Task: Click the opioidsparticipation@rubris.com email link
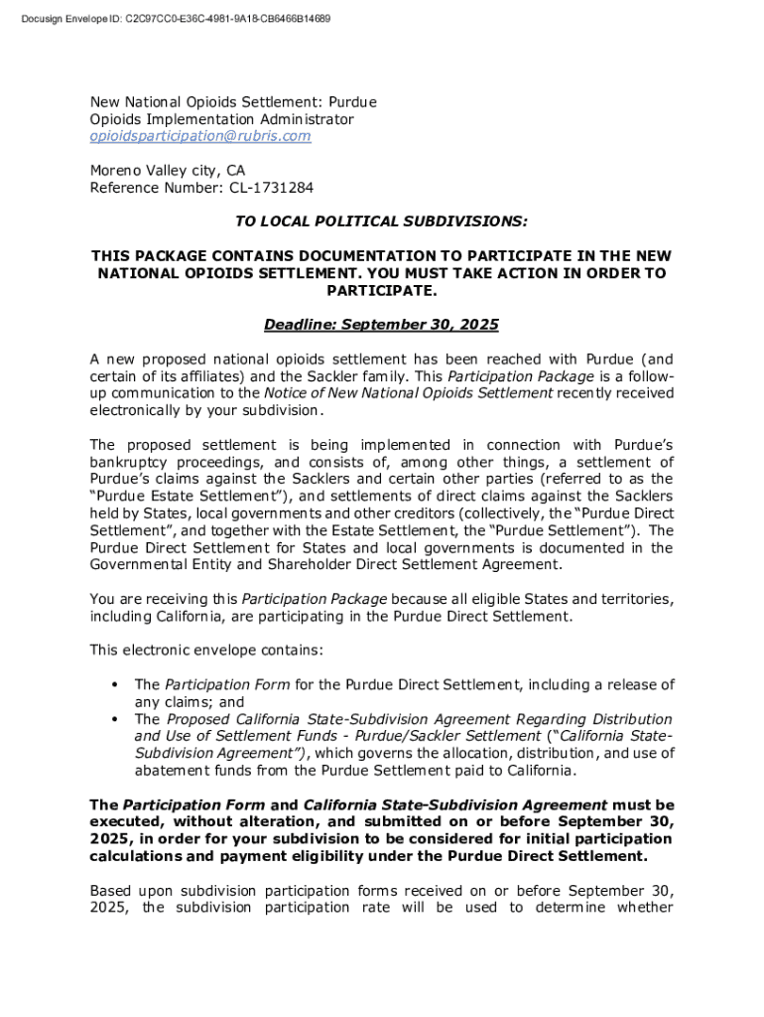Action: click(200, 136)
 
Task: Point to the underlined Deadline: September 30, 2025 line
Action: click(381, 325)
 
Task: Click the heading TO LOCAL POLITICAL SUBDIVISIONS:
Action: click(381, 220)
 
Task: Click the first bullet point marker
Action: click(116, 684)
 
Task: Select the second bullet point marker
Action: click(116, 719)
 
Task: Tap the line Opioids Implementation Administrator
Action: click(221, 119)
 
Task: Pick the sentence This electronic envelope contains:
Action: click(206, 650)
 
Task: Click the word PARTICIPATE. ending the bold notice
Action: click(381, 290)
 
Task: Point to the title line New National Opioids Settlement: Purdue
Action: click(233, 102)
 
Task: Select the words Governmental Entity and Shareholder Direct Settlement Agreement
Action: click(325, 564)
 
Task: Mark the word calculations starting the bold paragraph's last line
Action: click(137, 856)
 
